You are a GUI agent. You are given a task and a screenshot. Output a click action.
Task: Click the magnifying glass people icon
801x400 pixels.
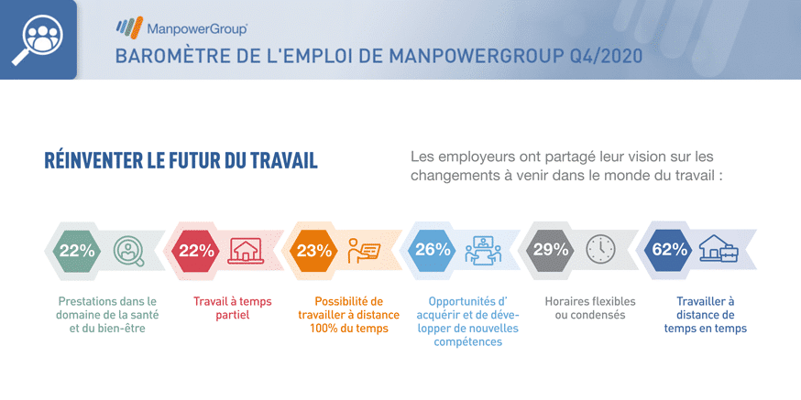(x=38, y=40)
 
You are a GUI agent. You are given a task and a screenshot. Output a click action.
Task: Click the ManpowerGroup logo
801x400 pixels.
(x=181, y=27)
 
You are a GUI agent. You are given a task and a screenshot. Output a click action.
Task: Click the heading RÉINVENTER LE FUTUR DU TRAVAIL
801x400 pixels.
(x=181, y=160)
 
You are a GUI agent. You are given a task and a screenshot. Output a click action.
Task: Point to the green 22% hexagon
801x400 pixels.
(x=77, y=251)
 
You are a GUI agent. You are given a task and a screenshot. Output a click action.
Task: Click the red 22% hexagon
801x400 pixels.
(x=195, y=251)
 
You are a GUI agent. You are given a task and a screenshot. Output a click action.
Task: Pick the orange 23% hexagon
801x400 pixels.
(x=313, y=251)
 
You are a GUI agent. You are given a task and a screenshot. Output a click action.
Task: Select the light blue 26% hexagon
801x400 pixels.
(x=433, y=251)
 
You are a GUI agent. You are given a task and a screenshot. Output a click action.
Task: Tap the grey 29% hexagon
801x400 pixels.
(x=551, y=251)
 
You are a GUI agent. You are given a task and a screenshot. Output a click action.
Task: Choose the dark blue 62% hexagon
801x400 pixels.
(x=669, y=251)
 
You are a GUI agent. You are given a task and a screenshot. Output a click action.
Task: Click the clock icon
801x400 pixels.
(x=601, y=250)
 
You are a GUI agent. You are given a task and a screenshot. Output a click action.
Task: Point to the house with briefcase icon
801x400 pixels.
(x=719, y=248)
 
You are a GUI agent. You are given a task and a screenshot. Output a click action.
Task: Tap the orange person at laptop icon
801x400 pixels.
(x=364, y=251)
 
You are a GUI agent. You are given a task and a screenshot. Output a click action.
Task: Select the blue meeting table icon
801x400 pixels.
(x=483, y=251)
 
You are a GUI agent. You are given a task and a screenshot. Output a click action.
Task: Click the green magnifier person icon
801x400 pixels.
(x=128, y=251)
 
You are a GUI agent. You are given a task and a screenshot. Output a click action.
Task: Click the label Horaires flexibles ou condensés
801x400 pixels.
(x=590, y=308)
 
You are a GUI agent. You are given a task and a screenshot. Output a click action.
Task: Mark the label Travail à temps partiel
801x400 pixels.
(x=233, y=308)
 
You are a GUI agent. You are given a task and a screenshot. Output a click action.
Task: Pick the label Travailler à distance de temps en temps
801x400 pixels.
(x=705, y=315)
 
